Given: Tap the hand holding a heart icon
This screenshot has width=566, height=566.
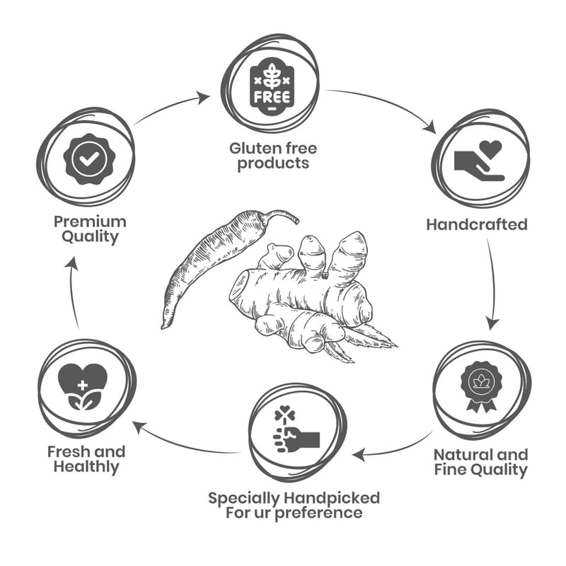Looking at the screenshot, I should pos(480,161).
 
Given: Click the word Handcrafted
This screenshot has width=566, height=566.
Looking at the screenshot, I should pos(477,225).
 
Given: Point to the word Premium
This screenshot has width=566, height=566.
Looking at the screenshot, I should pos(90,221).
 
